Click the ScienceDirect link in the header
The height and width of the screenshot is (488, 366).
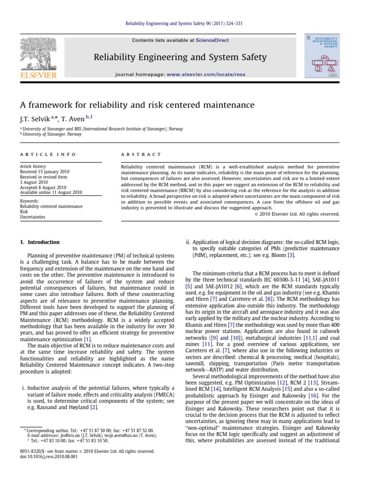(212, 41)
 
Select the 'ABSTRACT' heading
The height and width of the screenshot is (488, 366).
(142, 155)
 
